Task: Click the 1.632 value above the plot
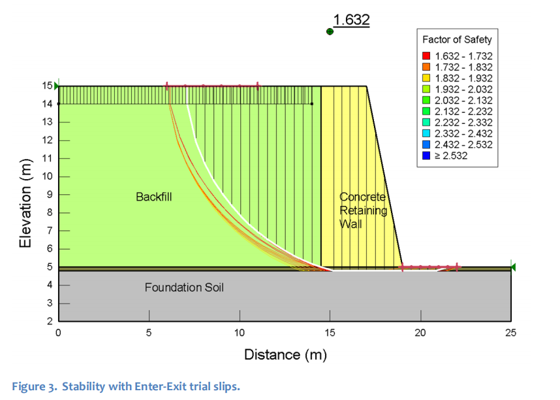click(x=351, y=20)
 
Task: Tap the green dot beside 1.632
click(x=330, y=31)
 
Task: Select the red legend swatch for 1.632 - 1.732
click(x=426, y=56)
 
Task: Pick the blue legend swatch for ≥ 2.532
click(x=426, y=156)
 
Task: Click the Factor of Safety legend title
click(x=457, y=39)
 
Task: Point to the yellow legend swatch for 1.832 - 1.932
click(x=426, y=78)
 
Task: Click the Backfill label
click(x=153, y=197)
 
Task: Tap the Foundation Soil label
click(x=184, y=287)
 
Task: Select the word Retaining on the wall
click(x=363, y=210)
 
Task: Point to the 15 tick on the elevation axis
click(x=47, y=85)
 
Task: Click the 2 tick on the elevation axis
click(x=50, y=322)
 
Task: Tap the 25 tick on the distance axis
click(x=511, y=333)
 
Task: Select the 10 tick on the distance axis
click(x=240, y=333)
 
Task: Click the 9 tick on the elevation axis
click(x=50, y=195)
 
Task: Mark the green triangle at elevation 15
click(x=56, y=85)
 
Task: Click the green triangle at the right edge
click(x=514, y=267)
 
